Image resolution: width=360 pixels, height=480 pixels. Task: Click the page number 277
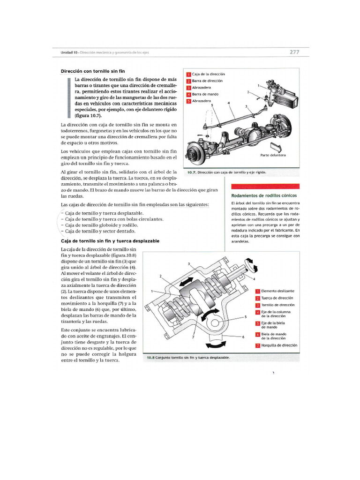coord(294,52)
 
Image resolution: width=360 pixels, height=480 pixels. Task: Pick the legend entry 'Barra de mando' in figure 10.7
coord(205,94)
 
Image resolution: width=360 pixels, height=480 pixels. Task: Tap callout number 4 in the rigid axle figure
coord(228,103)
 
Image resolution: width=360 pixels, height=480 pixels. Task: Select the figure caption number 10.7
coord(192,172)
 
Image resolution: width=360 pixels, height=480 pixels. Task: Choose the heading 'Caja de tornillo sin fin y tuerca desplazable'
coord(110,240)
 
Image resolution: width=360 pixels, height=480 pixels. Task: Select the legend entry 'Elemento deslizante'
coord(277,291)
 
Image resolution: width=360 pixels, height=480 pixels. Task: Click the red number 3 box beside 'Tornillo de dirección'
coord(257,305)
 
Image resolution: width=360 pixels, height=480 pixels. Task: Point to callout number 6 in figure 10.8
coord(243,337)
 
